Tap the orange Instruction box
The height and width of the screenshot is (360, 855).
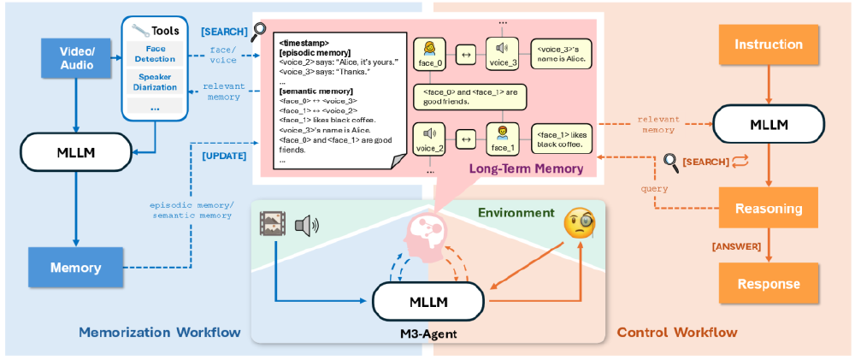pos(768,44)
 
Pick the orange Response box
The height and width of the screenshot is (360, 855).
pos(768,284)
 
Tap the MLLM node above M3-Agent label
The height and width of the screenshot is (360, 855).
pos(428,302)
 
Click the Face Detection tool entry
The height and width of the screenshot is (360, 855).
pos(155,54)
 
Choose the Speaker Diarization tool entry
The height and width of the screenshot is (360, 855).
pos(155,81)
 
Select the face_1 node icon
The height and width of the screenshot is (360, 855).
pos(501,135)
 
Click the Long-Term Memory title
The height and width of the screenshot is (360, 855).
pos(525,169)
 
